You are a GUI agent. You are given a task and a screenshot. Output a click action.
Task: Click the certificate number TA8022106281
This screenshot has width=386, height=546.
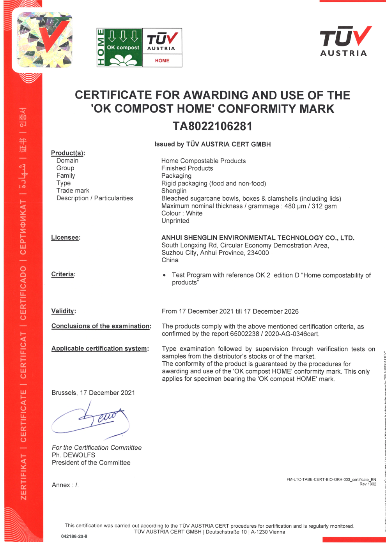[212, 126]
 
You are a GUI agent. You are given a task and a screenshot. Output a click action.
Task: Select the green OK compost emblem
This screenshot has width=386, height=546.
[120, 48]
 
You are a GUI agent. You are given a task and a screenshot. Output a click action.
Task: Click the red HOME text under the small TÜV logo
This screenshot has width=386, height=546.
[162, 60]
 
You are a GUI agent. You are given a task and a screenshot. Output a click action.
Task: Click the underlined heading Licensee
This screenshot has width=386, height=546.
[65, 237]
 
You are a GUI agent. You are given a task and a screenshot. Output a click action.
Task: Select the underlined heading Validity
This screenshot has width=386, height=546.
[63, 311]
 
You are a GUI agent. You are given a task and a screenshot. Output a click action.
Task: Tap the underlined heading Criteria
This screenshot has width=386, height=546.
[63, 274]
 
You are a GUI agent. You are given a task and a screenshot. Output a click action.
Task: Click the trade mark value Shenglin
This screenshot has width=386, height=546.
[174, 191]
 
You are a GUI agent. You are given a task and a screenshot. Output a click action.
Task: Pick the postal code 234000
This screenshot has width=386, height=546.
[258, 253]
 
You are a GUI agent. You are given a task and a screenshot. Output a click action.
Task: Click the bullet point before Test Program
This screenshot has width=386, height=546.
[165, 275]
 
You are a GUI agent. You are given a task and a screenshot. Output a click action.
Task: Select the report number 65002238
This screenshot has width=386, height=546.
[244, 334]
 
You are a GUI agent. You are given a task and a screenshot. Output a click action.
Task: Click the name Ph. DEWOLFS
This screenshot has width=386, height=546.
[73, 455]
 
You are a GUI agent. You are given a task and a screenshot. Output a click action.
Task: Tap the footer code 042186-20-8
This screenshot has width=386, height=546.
[74, 536]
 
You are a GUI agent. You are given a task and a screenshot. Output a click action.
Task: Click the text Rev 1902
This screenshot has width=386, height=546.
[368, 484]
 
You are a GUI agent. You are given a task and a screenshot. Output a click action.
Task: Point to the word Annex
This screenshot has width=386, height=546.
[61, 485]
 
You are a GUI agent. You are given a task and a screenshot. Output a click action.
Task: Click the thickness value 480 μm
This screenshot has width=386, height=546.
[295, 206]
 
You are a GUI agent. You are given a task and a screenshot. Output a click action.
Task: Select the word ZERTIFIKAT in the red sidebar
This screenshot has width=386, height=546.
[24, 477]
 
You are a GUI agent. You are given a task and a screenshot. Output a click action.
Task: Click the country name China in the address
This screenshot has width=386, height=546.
[170, 260]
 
